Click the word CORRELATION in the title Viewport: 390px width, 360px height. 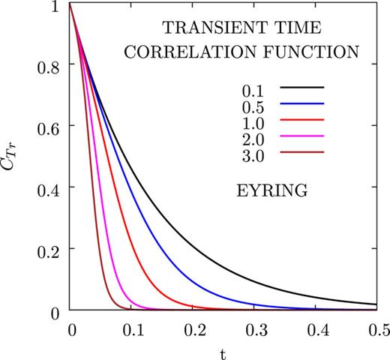[x=217, y=52]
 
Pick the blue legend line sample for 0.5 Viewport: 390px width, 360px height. [x=301, y=104]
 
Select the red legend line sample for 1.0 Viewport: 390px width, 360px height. [x=301, y=120]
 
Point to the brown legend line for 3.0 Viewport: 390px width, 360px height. [x=301, y=151]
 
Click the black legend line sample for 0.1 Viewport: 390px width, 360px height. [x=301, y=88]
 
